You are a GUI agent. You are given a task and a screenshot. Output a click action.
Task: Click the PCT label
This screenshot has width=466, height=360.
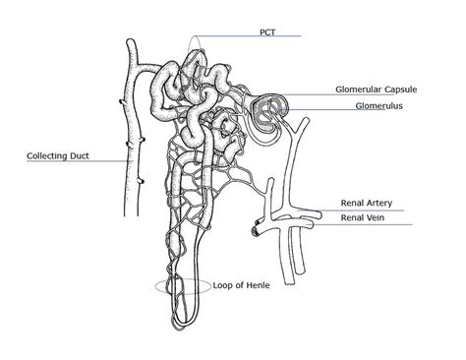[267, 30]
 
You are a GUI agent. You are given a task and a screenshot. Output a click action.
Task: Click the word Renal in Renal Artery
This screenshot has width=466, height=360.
[352, 203]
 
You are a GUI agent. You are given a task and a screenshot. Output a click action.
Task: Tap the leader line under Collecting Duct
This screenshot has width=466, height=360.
[69, 162]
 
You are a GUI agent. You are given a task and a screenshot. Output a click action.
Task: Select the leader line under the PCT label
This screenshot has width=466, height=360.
[246, 38]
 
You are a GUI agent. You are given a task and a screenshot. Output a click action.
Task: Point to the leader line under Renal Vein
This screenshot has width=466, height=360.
[364, 224]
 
